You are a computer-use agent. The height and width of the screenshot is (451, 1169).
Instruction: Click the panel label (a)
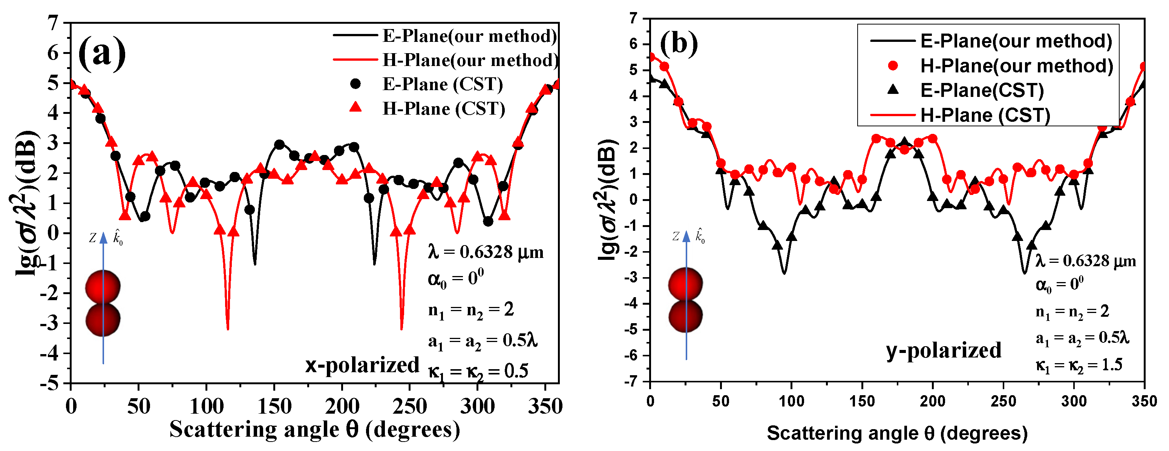coord(102,53)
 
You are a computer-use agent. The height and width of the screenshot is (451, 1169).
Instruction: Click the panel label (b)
coord(679,44)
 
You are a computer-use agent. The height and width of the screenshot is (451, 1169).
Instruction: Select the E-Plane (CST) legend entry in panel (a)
coord(443,84)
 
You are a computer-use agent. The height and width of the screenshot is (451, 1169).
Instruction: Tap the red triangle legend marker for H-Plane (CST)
coord(356,107)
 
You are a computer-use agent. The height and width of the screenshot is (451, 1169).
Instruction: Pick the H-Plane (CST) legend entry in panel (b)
coord(985,115)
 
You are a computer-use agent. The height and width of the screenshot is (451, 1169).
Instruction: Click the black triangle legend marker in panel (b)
coord(893,89)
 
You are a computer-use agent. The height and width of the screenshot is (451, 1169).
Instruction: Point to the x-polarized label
coord(362,365)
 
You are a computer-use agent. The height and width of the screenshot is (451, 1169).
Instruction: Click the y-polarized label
coord(944,350)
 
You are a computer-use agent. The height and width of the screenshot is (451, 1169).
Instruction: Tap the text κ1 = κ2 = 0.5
coord(478,371)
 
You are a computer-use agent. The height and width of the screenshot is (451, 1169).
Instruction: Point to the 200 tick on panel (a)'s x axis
coord(342,406)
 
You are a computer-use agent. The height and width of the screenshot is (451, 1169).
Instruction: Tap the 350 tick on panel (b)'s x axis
coord(1144,401)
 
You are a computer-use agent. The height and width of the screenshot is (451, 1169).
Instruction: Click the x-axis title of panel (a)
coord(314,429)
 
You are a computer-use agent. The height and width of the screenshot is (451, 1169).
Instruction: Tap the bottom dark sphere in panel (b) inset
coord(685,316)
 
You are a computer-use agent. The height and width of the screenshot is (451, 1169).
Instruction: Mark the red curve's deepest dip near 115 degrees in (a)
coord(227,328)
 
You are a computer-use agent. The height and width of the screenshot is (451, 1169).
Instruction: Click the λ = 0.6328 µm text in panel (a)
coord(485,252)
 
